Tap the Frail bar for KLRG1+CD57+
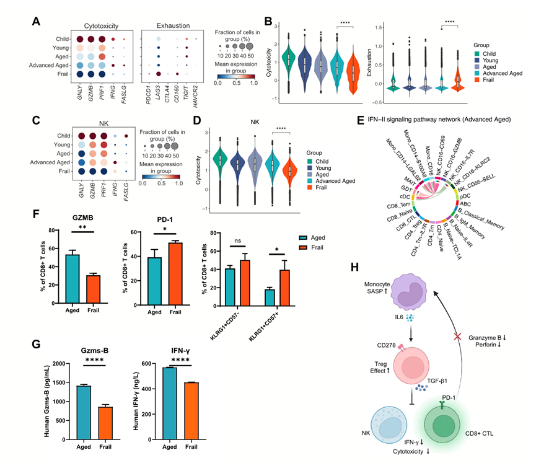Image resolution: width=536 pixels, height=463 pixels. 286,279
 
